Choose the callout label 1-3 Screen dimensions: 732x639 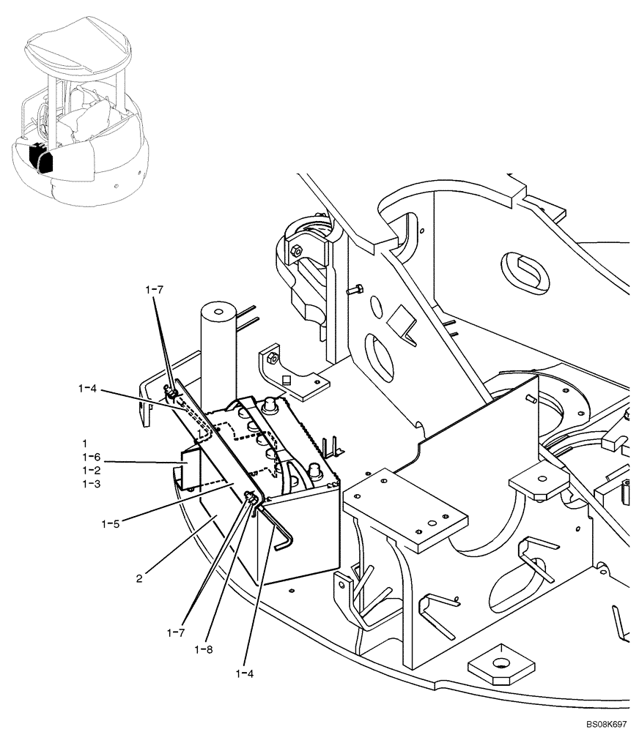click(91, 484)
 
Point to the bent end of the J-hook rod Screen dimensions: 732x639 click(287, 541)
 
